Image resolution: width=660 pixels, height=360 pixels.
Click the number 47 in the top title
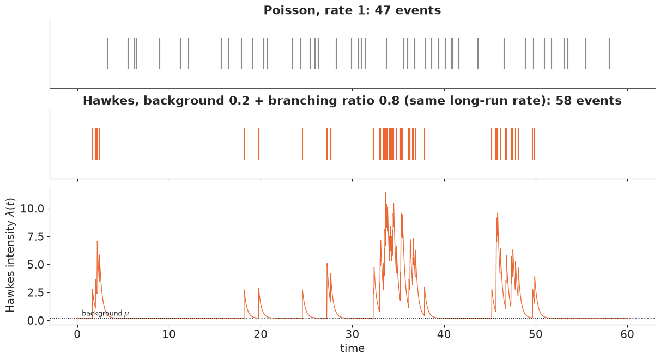[x=383, y=10]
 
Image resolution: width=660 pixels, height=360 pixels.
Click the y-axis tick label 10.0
[x=32, y=209]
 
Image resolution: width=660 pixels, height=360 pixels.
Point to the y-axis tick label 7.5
[x=35, y=237]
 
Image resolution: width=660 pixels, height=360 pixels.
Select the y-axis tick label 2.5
[x=35, y=293]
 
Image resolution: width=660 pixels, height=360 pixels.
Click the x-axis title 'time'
[x=353, y=349]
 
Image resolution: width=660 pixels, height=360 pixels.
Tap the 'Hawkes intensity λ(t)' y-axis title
[x=10, y=255]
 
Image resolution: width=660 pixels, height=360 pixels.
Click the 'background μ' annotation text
[x=105, y=313]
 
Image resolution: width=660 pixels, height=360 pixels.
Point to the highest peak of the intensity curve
[x=385, y=192]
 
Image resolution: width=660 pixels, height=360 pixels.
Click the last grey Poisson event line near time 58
[x=609, y=53]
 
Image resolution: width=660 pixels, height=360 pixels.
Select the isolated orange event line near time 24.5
[x=302, y=144]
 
